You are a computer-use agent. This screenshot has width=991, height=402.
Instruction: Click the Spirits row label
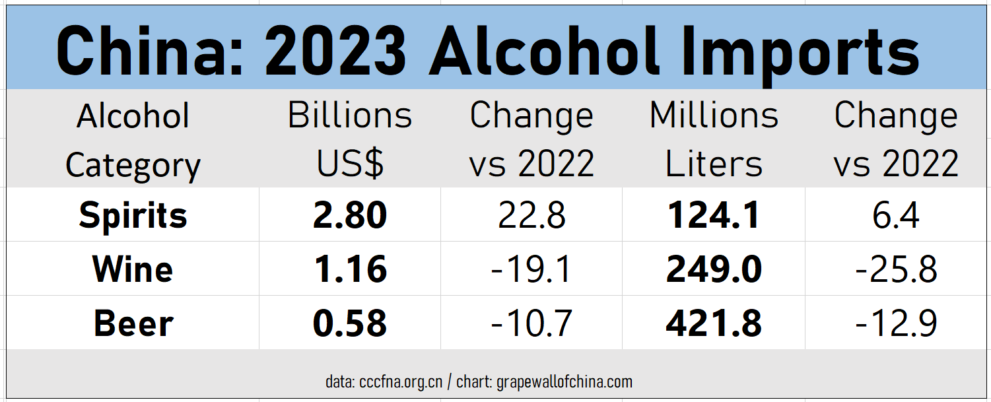point(133,215)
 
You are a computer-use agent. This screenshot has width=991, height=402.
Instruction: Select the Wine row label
point(133,269)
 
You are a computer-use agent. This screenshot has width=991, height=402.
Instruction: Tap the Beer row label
point(133,323)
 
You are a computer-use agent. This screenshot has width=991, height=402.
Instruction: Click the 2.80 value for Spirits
point(349,215)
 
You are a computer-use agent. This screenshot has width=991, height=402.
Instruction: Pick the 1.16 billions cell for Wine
point(349,269)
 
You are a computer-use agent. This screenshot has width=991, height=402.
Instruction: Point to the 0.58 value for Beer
point(349,323)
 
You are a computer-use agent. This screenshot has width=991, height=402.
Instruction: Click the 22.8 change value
point(531,215)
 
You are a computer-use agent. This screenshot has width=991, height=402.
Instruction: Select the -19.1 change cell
point(531,269)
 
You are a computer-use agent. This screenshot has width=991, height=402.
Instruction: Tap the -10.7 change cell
point(531,323)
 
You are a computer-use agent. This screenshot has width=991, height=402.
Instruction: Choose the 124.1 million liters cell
point(714,215)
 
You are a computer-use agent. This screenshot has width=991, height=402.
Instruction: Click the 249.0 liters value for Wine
point(714,269)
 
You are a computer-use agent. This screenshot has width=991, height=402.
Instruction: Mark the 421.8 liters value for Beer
point(714,323)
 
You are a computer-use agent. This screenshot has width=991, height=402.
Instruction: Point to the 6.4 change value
point(896,215)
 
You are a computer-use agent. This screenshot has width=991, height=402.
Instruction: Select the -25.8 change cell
point(896,269)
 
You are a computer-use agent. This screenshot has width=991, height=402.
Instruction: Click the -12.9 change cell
point(896,323)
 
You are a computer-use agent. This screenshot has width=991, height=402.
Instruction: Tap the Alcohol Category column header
point(133,140)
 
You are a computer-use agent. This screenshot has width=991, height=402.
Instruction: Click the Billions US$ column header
point(349,140)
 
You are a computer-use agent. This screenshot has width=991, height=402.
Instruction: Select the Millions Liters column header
point(714,140)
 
